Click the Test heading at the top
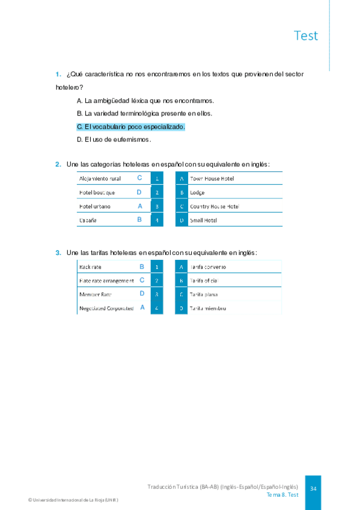(306, 35)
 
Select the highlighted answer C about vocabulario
(131, 127)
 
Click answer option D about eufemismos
(114, 140)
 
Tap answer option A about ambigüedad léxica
(145, 100)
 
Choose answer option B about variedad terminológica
(145, 113)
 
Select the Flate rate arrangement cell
(106, 280)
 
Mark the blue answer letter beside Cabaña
(139, 220)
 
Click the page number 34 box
(313, 489)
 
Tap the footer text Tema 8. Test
(282, 494)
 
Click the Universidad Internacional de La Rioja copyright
(73, 500)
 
